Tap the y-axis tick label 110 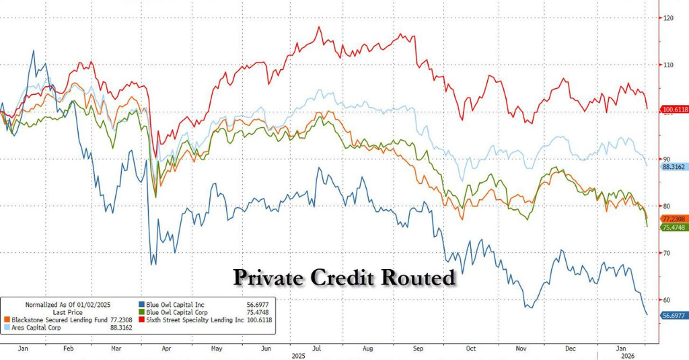(668, 65)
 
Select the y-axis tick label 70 (668, 253)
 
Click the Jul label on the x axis (316, 349)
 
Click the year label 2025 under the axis (297, 355)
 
